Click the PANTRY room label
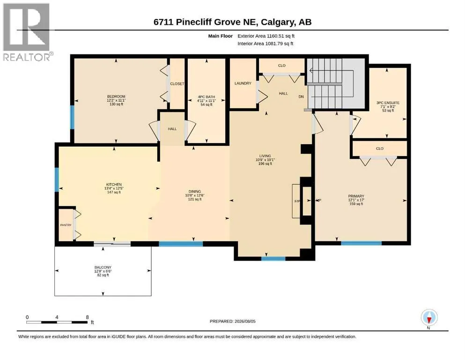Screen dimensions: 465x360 tap(66, 225)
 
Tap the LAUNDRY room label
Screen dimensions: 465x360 tap(243, 83)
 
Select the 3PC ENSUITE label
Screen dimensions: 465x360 tap(388, 103)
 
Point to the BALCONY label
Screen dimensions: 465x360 tap(103, 267)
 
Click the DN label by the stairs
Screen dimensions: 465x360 tap(301, 97)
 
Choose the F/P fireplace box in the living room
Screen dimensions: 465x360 tap(296, 201)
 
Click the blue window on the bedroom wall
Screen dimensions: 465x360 tap(72, 117)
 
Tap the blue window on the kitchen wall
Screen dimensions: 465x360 tap(57, 180)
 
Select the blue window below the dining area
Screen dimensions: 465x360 tap(181, 244)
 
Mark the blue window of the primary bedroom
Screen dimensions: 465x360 tap(361, 243)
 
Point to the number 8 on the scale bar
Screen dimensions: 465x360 tap(87, 317)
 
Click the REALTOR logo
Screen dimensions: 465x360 tap(27, 32)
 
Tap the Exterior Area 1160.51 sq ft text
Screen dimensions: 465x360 tap(266, 36)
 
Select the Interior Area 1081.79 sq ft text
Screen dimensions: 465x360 tap(266, 43)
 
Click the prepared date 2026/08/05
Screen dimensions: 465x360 tap(245, 321)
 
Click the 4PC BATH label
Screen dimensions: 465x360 tap(207, 97)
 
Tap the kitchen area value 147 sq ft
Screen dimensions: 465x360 tap(114, 192)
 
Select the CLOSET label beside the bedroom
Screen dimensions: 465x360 tap(177, 84)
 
